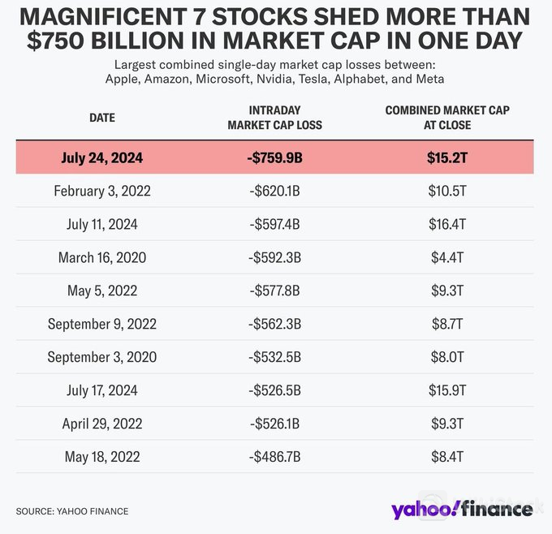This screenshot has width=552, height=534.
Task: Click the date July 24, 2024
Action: click(101, 158)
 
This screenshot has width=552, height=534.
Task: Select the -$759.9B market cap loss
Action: click(274, 158)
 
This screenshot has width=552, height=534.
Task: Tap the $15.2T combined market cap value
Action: click(446, 158)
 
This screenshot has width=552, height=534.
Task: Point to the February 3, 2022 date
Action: click(101, 192)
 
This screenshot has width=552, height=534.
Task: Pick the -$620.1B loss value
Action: click(274, 192)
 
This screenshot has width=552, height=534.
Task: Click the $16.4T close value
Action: click(446, 225)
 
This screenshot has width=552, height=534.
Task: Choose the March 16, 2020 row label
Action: click(101, 258)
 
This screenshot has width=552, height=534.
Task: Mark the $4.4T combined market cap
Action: click(446, 258)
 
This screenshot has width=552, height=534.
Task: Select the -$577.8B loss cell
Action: click(274, 291)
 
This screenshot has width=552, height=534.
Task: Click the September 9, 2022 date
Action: click(101, 325)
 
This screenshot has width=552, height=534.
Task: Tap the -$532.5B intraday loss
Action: click(274, 358)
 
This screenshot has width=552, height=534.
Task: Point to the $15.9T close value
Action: click(446, 391)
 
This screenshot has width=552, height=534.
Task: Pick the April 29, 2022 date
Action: click(101, 424)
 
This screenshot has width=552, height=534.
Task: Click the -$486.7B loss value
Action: click(274, 457)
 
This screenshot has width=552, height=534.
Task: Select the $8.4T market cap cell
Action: click(446, 457)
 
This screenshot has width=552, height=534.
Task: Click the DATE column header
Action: click(101, 118)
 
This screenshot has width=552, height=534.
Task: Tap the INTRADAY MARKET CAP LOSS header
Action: click(274, 118)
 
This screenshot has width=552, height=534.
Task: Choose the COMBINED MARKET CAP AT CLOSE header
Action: click(446, 118)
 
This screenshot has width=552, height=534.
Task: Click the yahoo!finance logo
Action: click(461, 510)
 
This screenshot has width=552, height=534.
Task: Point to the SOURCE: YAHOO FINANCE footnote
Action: click(72, 511)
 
